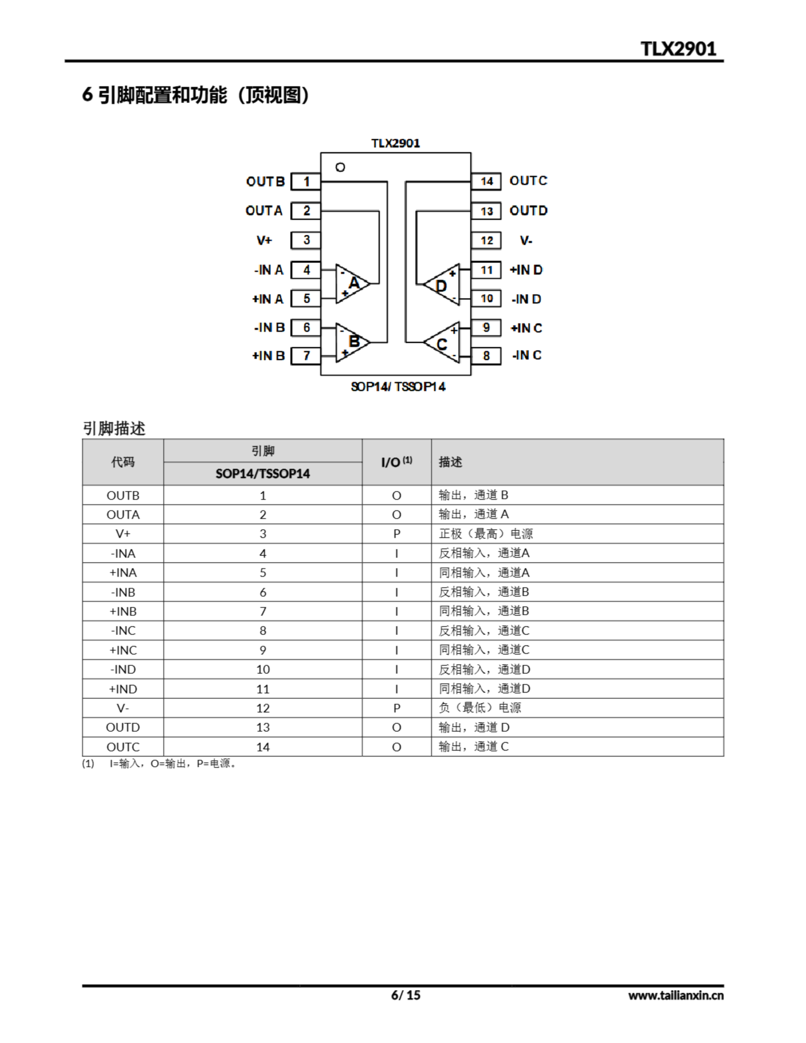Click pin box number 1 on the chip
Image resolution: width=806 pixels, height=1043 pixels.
point(306,181)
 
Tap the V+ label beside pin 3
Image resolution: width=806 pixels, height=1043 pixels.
point(264,240)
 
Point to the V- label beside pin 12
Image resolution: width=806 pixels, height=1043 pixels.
point(526,241)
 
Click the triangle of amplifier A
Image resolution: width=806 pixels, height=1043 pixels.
point(352,284)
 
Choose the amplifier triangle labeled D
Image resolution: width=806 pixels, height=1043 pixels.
point(443,285)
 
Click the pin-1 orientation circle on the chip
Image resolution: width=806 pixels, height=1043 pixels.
point(340,167)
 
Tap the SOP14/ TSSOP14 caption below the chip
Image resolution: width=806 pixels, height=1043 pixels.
point(398,386)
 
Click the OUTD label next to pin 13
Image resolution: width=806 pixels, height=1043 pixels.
point(529,211)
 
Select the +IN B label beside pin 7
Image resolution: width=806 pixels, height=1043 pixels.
point(269,356)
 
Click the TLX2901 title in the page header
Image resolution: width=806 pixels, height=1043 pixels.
point(678,49)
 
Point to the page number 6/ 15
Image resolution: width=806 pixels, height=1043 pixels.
point(405,995)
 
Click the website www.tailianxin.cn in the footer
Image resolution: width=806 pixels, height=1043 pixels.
point(676,995)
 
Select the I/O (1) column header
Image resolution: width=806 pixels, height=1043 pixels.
point(396,462)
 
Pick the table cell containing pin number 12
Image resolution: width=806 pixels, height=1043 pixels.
point(263,708)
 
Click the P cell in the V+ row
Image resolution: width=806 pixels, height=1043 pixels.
point(396,534)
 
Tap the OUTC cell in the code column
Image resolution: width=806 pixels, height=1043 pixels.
point(123,747)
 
